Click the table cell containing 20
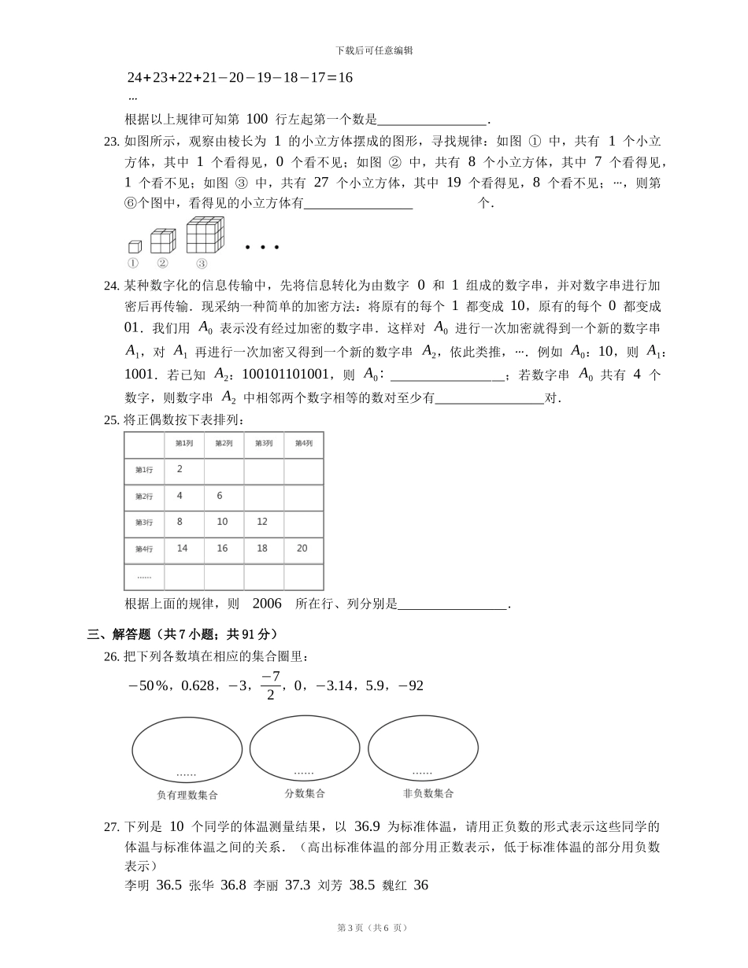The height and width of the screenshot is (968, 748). pyautogui.click(x=302, y=549)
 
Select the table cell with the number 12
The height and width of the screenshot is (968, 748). pyautogui.click(x=262, y=522)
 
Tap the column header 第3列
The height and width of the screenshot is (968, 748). pyautogui.click(x=263, y=444)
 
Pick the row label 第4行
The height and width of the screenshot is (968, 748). pyautogui.click(x=143, y=549)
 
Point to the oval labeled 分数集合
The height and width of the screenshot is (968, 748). pyautogui.click(x=305, y=749)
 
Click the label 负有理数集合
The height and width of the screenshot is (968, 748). pyautogui.click(x=187, y=796)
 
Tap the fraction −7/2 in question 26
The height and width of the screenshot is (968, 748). pyautogui.click(x=270, y=685)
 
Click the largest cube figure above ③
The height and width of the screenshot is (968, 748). pyautogui.click(x=205, y=235)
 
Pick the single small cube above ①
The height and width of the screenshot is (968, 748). pyautogui.click(x=135, y=246)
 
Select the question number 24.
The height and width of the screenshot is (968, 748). pyautogui.click(x=111, y=286)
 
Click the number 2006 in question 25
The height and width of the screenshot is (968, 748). pyautogui.click(x=267, y=604)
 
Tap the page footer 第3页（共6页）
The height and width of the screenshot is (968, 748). pyautogui.click(x=373, y=928)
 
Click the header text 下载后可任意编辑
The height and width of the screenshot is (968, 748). pyautogui.click(x=374, y=50)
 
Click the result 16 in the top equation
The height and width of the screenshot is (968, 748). pyautogui.click(x=345, y=78)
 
